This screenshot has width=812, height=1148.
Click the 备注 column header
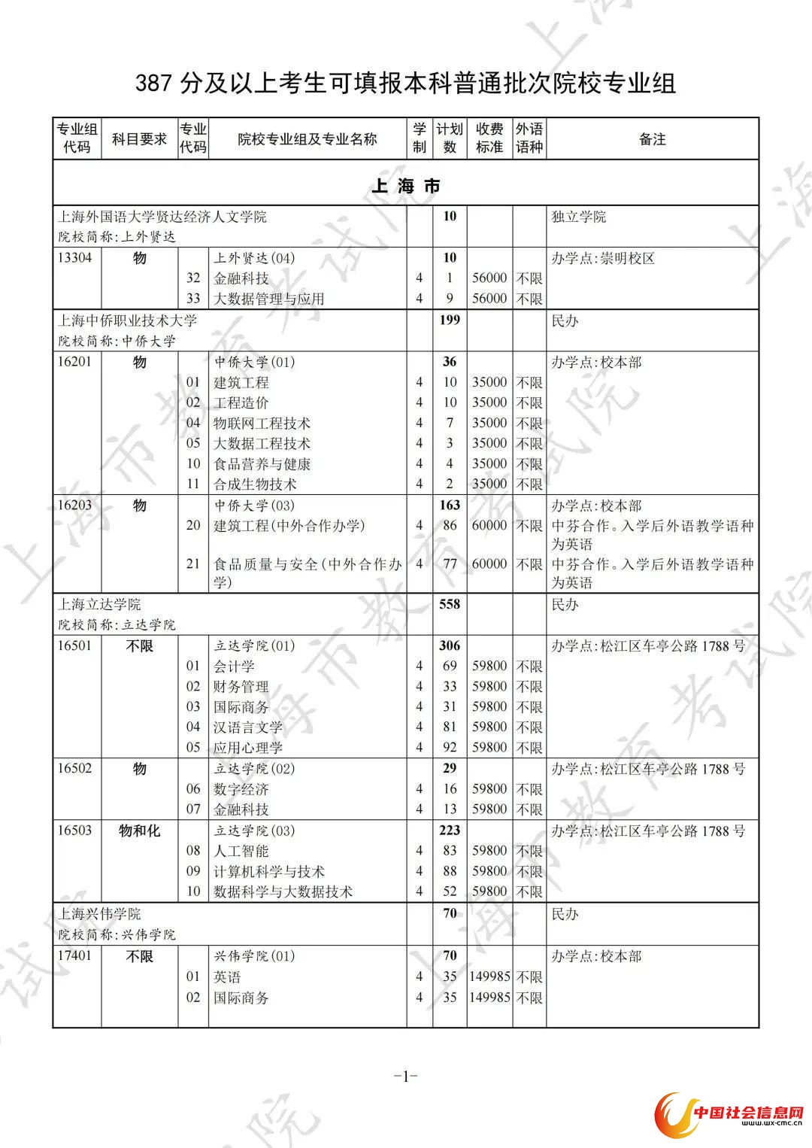652,139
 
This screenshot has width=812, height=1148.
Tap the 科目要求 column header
139,139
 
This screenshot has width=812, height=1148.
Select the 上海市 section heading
406,186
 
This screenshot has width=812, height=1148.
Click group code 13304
75,258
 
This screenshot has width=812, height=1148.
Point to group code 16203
75,506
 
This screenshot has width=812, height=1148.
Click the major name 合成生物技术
255,484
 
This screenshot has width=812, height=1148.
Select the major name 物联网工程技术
262,424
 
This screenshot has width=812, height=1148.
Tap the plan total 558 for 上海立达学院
450,604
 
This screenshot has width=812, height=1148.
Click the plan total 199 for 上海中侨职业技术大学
450,320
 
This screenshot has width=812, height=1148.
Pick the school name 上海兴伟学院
100,914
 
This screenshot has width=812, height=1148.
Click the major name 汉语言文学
248,727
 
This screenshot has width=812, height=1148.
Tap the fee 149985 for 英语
489,977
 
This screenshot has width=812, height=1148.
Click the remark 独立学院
579,217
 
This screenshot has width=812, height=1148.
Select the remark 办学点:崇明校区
603,258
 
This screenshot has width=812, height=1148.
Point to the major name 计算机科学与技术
269,872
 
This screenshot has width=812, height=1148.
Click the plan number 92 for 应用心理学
450,748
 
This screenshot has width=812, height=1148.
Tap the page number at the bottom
406,1077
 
